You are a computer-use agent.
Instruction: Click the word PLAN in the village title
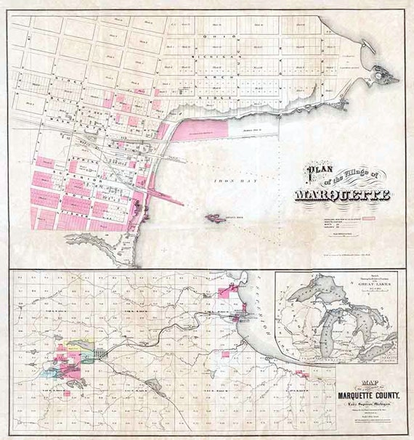coord(317,172)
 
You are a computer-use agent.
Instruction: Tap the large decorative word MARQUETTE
coord(343,195)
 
